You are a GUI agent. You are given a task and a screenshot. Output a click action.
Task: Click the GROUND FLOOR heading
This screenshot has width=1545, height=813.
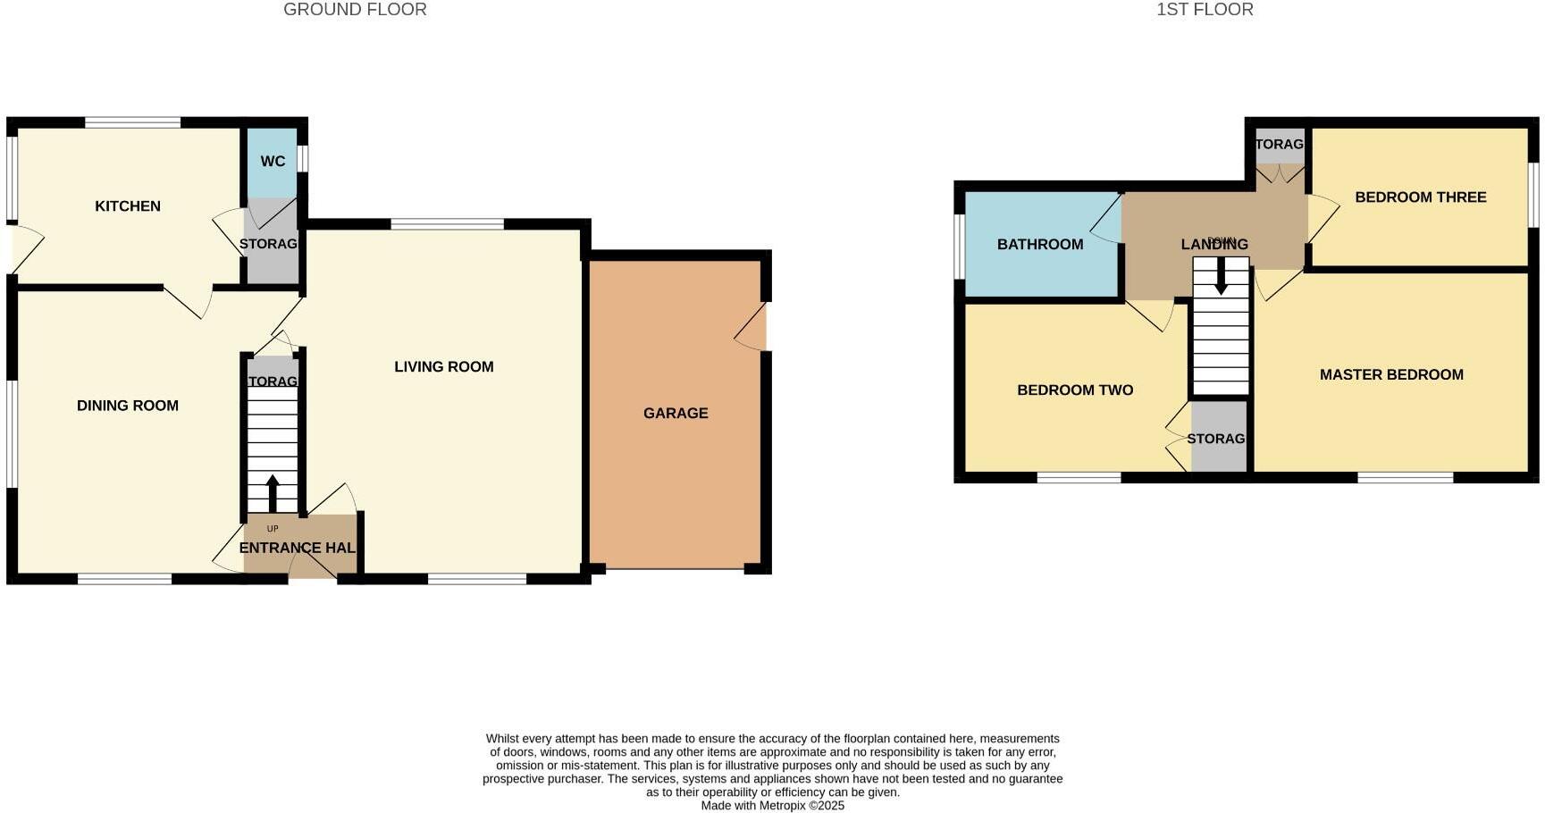(x=355, y=10)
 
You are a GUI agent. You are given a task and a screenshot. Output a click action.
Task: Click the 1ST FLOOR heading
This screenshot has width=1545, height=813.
(x=1205, y=10)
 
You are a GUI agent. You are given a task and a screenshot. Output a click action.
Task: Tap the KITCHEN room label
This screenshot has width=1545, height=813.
(x=128, y=206)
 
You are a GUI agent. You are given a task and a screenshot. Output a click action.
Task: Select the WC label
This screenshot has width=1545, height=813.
(x=273, y=162)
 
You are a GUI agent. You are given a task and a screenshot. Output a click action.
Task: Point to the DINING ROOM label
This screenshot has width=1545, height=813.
(x=128, y=406)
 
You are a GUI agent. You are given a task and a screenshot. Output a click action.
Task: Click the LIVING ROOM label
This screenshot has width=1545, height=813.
(x=444, y=367)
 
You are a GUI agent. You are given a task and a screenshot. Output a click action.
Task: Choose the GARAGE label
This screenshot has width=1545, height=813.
(x=676, y=414)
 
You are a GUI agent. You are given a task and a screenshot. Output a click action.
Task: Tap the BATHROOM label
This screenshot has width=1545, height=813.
(x=1040, y=245)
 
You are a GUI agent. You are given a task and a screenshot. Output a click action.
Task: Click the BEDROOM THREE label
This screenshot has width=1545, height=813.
(x=1420, y=197)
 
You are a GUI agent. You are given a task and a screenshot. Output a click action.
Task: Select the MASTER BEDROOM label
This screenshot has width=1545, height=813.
(x=1391, y=375)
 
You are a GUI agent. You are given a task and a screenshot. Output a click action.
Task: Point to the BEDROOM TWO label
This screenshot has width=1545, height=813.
(x=1075, y=390)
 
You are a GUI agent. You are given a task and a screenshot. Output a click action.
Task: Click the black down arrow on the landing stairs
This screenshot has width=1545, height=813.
(x=1221, y=278)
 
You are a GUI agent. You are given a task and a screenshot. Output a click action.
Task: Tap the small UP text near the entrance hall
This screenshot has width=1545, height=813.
(x=273, y=529)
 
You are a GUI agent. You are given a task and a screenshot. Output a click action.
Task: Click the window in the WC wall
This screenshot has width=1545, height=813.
(x=304, y=158)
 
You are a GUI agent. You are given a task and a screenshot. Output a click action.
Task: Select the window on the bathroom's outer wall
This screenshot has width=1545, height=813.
(x=959, y=246)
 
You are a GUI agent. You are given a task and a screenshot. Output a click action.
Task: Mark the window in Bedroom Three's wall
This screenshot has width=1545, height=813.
(x=1532, y=195)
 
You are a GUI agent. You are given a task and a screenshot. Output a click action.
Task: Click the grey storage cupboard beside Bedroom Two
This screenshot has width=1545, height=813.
(x=1219, y=438)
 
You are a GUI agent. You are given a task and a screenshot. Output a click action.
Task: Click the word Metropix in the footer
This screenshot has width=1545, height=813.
(x=782, y=806)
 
